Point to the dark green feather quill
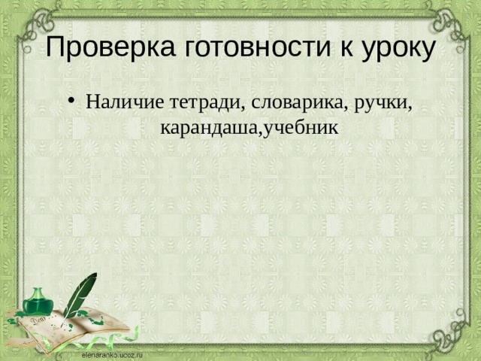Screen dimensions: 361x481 point(80,293)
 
